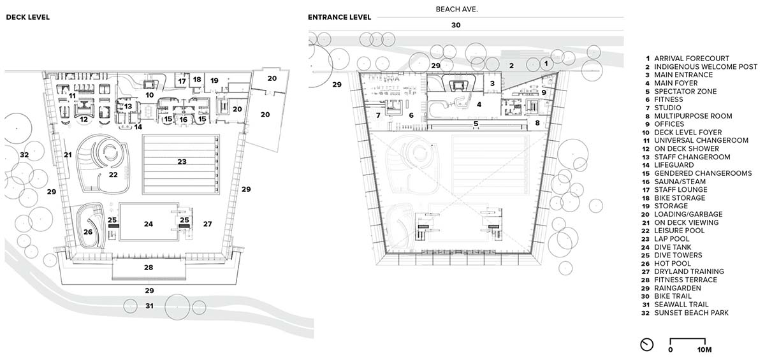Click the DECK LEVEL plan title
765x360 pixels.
point(28,17)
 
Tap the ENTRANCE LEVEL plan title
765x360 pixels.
point(339,17)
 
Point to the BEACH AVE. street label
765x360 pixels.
point(456,10)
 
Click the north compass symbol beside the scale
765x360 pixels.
point(646,345)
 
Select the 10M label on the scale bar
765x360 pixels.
point(704,350)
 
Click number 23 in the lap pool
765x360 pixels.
point(182,161)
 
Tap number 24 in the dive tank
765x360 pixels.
point(148,224)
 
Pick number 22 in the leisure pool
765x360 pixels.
point(113,175)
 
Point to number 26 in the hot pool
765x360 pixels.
point(88,232)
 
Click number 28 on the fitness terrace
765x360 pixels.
point(148,267)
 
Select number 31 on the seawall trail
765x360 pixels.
point(149,306)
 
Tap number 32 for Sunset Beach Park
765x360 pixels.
point(24,155)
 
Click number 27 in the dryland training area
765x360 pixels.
point(207,224)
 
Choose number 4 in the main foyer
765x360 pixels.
point(479,104)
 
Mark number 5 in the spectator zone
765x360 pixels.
point(476,124)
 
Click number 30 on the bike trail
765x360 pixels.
point(456,25)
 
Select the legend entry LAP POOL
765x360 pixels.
point(672,239)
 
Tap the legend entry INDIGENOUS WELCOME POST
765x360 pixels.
point(706,66)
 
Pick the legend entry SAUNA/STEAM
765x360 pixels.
point(680,182)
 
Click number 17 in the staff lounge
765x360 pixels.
point(182,81)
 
